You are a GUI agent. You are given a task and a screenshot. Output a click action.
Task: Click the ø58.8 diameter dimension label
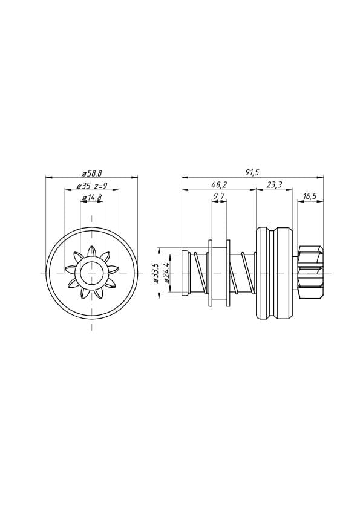click(x=91, y=173)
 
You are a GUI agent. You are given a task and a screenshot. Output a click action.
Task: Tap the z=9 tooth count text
click(x=100, y=186)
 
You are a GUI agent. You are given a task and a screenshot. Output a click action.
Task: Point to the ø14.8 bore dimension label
click(x=93, y=197)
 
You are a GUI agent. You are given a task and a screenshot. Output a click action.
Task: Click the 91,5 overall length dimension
click(x=252, y=172)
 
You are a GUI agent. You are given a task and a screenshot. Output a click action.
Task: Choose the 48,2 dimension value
click(x=218, y=185)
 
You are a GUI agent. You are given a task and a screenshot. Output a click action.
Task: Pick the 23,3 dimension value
click(x=275, y=185)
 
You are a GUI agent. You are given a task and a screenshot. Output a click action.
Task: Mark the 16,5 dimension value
click(x=310, y=196)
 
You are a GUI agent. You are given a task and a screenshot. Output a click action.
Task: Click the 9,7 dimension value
click(x=219, y=196)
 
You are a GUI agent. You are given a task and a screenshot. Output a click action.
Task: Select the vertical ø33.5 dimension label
click(x=155, y=273)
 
